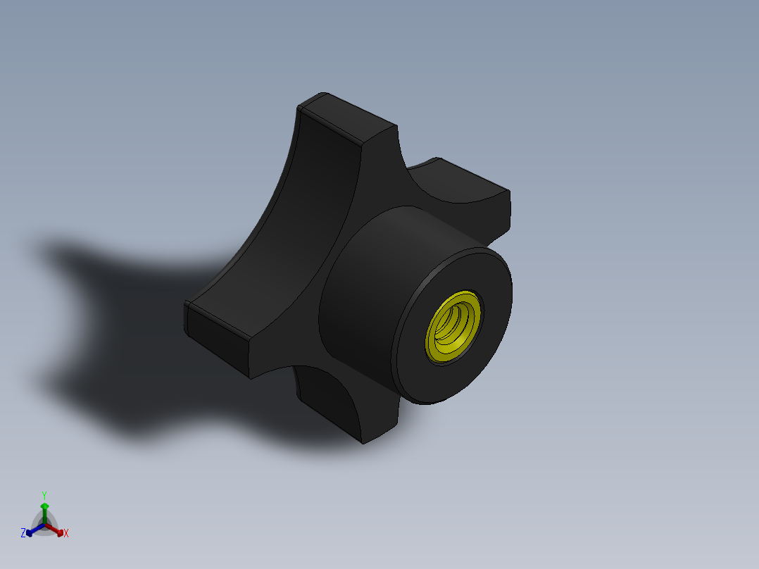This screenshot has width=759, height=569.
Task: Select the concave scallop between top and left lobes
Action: [296, 232]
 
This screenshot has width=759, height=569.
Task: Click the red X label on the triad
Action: [66, 534]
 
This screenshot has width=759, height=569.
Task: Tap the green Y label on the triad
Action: [44, 495]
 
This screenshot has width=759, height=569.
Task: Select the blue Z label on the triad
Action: [23, 534]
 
